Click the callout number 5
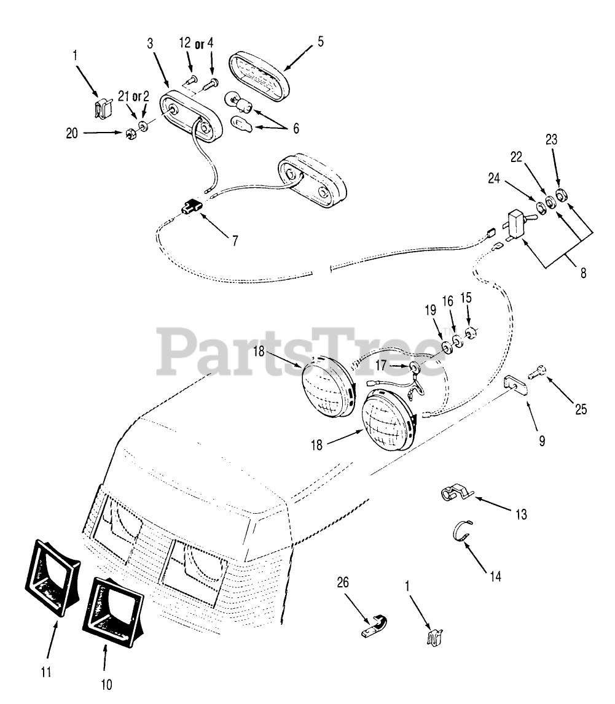320,42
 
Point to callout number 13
521,514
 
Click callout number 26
343,582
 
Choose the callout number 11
45,673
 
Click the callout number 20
72,133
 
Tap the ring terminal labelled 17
415,367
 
